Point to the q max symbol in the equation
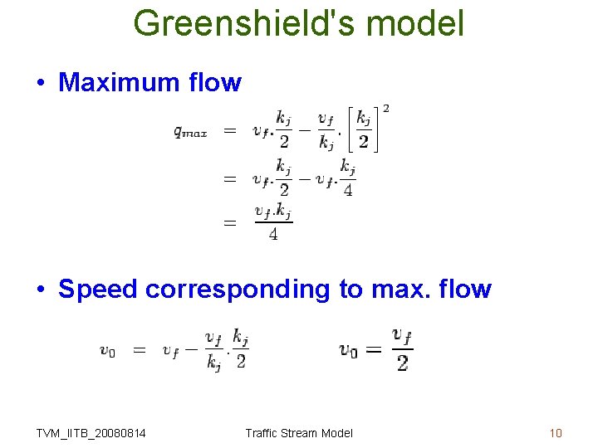click(x=190, y=131)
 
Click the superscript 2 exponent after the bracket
click(x=385, y=109)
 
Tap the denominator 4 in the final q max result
click(x=273, y=235)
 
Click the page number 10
click(x=556, y=433)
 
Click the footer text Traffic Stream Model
click(x=299, y=433)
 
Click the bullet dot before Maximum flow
click(x=41, y=83)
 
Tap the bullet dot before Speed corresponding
click(x=41, y=290)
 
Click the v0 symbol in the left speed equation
click(x=107, y=351)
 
